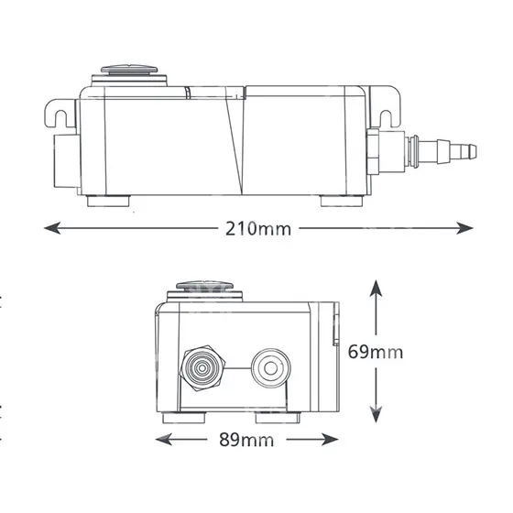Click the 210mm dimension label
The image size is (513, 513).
click(x=258, y=229)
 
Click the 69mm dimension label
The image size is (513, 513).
click(x=376, y=352)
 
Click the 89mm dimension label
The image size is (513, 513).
click(x=246, y=440)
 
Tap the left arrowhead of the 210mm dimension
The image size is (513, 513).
click(x=52, y=228)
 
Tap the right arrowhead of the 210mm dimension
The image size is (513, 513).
click(x=464, y=228)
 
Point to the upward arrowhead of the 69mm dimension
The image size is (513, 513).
click(x=376, y=289)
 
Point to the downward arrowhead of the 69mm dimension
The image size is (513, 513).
click(x=376, y=414)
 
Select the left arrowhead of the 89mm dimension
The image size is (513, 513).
click(x=164, y=439)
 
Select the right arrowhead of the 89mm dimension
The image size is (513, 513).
click(x=330, y=439)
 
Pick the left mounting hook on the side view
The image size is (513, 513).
click(x=60, y=114)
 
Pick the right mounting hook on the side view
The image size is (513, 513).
click(x=386, y=106)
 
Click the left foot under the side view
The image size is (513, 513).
click(x=109, y=201)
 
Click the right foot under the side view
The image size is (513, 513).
click(x=342, y=201)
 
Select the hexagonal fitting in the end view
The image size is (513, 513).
click(x=202, y=368)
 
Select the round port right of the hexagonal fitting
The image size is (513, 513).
click(x=270, y=368)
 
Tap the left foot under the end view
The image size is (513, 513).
click(x=184, y=418)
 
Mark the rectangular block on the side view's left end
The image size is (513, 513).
click(x=67, y=160)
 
